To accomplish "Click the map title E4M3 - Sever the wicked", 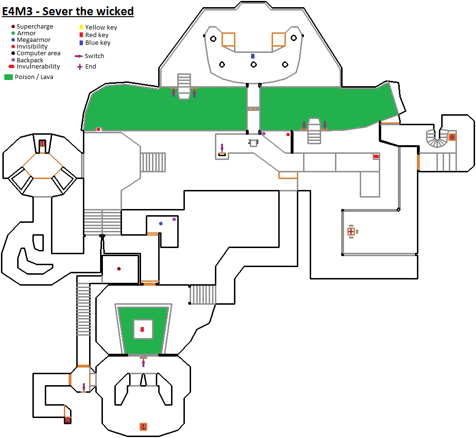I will point(68,11).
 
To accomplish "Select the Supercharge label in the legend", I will point(35,27).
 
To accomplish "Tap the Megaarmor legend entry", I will point(33,40).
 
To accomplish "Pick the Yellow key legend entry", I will point(101,27).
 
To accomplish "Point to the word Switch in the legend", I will point(94,56).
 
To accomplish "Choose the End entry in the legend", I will point(91,66).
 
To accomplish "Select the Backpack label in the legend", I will point(30,60).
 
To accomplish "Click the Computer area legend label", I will point(39,53).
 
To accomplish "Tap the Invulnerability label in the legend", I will point(38,67).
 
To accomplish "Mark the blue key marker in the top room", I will point(253,56).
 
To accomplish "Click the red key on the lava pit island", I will point(142,329).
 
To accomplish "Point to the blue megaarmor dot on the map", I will point(161,223).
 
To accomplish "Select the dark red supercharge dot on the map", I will point(119,269).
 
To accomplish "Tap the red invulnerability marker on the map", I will point(376,156).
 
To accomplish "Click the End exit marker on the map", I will point(351,231).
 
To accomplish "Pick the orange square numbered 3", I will point(452,137).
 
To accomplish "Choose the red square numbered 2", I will point(68,420).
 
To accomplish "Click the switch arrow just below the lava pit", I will point(143,363).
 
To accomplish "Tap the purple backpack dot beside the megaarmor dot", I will point(174,219).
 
